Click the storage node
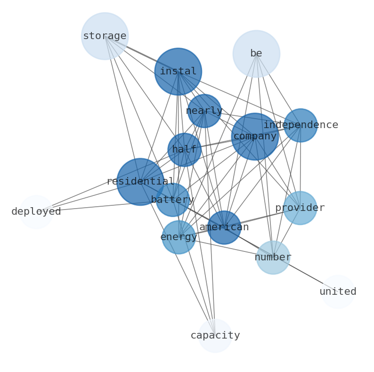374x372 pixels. pyautogui.click(x=105, y=36)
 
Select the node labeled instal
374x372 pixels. pyautogui.click(x=178, y=72)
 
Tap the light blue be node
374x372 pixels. pyautogui.click(x=256, y=54)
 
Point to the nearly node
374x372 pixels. pyautogui.click(x=204, y=111)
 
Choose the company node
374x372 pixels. pyautogui.click(x=255, y=137)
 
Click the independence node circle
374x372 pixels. pyautogui.click(x=301, y=125)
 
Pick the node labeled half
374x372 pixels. pyautogui.click(x=185, y=150)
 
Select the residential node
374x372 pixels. pyautogui.click(x=140, y=182)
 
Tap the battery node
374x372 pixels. pyautogui.click(x=172, y=200)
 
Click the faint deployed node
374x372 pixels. pyautogui.click(x=36, y=212)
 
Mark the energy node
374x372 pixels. pyautogui.click(x=179, y=237)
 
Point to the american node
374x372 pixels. pyautogui.click(x=224, y=227)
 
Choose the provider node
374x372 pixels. pyautogui.click(x=300, y=208)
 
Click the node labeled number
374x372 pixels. pyautogui.click(x=273, y=258)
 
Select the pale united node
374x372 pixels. pyautogui.click(x=338, y=292)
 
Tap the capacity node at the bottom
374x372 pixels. pyautogui.click(x=215, y=336)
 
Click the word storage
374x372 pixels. pyautogui.click(x=105, y=36)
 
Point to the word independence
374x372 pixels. pyautogui.click(x=301, y=125)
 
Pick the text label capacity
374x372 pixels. pyautogui.click(x=215, y=336)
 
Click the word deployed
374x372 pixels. pyautogui.click(x=36, y=212)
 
